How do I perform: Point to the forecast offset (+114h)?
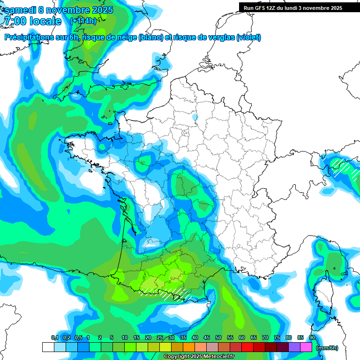(83, 21)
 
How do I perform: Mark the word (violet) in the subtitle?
(249, 37)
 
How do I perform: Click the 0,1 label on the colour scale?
(55, 338)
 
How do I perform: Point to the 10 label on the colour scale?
(125, 338)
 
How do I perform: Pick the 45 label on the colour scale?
(207, 338)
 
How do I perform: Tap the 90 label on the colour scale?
(312, 338)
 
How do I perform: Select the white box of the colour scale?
(48, 347)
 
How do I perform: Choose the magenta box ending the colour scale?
(306, 347)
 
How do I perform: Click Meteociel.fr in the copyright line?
(221, 357)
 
